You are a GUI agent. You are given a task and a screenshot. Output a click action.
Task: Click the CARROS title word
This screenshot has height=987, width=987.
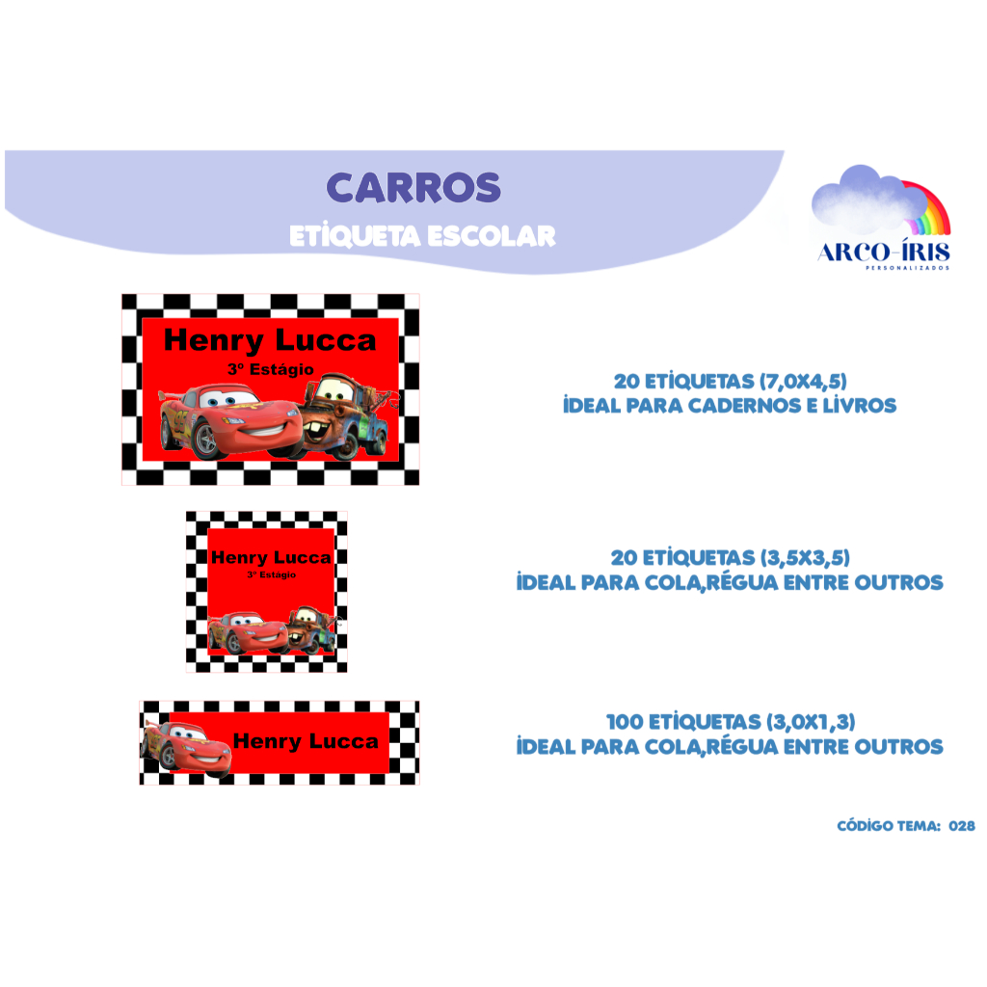413,188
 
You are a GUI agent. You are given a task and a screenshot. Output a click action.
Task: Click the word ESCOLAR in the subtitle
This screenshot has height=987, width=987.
492,237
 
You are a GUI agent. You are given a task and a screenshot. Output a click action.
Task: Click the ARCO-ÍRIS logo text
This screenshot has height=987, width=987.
885,253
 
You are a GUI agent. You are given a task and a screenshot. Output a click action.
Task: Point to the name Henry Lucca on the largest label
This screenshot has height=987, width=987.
270,340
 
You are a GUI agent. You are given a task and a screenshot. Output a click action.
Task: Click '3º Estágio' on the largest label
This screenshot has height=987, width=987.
271,369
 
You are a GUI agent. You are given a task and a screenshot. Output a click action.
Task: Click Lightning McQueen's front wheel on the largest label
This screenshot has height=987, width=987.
207,438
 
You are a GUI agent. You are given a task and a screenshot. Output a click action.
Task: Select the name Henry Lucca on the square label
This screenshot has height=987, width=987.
271,558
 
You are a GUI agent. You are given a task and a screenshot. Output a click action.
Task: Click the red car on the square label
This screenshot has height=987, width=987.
249,632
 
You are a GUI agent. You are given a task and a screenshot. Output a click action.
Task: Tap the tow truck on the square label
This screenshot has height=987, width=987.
311,630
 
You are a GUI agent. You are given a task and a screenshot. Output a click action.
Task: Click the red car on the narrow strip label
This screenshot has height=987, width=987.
187,747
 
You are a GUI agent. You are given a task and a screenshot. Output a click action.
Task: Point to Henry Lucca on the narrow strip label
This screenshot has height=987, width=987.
306,741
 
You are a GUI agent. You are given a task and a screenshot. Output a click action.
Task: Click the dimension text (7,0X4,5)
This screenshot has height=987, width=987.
803,382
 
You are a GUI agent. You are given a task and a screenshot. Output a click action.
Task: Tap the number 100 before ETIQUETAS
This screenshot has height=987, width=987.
625,722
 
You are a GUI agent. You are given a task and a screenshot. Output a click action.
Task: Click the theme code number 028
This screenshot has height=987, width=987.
962,826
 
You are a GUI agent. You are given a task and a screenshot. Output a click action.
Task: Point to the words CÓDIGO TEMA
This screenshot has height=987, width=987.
889,826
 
